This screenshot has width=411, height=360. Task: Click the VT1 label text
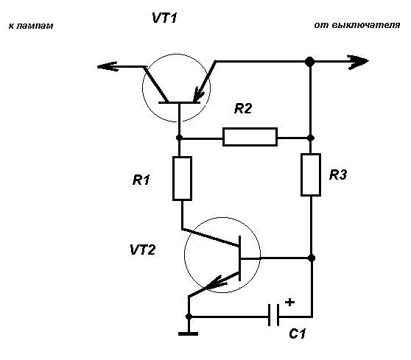(164, 18)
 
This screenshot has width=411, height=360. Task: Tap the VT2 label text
(143, 250)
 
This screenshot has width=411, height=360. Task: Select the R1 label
(141, 180)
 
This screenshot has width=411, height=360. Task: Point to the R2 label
(243, 108)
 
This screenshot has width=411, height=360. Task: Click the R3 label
(338, 174)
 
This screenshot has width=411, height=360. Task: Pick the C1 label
(298, 333)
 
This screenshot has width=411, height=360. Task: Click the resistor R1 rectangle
(182, 178)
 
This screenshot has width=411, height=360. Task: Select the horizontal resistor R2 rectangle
(250, 137)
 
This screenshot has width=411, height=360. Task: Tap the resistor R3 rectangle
(311, 174)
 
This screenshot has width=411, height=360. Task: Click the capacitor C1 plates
(274, 315)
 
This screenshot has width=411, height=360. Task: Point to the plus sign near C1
(289, 302)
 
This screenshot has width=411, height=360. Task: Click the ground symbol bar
(189, 333)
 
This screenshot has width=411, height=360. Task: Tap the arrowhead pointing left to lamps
(107, 66)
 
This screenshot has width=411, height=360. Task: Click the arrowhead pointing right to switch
(358, 62)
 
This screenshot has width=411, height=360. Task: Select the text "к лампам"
(31, 26)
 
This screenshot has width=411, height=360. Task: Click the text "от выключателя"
(357, 26)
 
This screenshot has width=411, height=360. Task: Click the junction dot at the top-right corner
(310, 62)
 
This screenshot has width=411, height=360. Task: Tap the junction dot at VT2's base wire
(311, 258)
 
